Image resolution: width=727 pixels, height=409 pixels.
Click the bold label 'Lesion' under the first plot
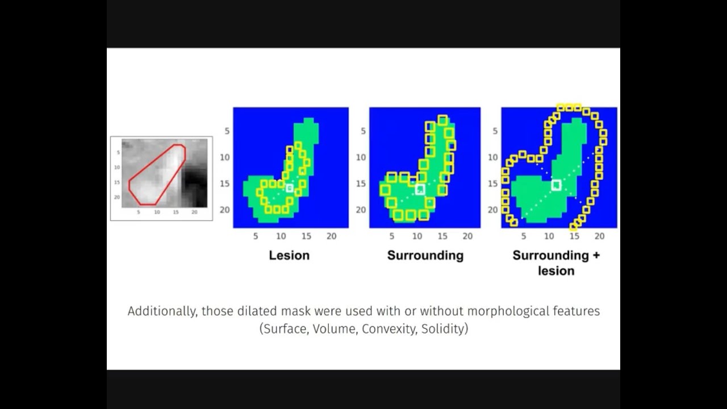click(x=289, y=256)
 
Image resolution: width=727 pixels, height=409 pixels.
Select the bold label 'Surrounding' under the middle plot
click(x=425, y=256)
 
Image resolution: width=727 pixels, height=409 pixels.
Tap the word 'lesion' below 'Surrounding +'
click(x=556, y=271)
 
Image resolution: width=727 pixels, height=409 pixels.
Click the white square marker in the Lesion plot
click(x=290, y=188)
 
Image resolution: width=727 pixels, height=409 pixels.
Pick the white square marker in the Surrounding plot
click(x=420, y=189)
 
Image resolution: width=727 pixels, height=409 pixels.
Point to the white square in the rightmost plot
click(x=556, y=185)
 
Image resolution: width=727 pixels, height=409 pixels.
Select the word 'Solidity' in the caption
click(x=442, y=329)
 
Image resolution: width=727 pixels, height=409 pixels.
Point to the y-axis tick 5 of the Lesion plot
click(x=227, y=131)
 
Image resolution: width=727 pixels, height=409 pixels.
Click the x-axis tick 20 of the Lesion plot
click(x=331, y=236)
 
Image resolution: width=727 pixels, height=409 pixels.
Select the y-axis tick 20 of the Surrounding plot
click(x=361, y=210)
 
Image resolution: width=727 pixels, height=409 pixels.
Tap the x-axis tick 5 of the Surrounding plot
click(x=392, y=236)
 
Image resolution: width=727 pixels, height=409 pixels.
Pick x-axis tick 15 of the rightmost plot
click(x=574, y=236)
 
